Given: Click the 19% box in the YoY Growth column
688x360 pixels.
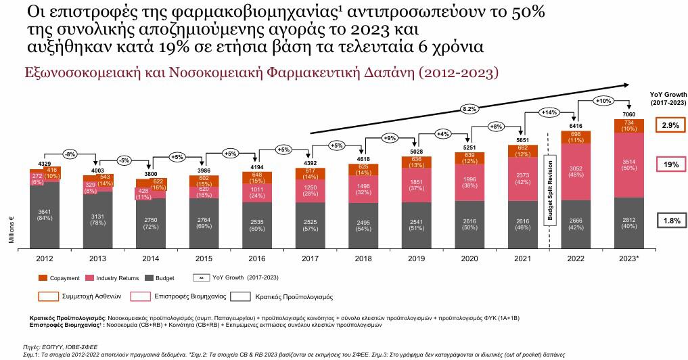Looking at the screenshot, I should [x=670, y=164].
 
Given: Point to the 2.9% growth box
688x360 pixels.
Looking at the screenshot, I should [x=670, y=125].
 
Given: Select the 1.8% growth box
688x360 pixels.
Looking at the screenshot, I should [x=670, y=219].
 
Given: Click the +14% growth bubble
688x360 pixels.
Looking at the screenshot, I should [x=549, y=112].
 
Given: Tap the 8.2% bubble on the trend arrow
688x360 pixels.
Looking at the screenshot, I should [x=469, y=108].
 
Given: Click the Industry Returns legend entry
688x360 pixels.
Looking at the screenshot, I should [x=118, y=278].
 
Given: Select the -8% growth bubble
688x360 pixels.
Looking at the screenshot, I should [x=70, y=154].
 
